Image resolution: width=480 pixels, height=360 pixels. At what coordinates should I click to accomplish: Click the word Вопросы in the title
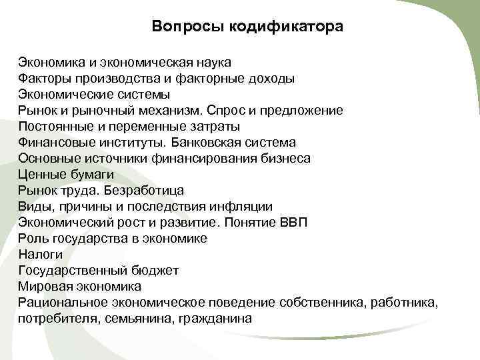coord(188,27)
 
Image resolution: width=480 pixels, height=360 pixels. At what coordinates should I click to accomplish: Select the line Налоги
coord(41,255)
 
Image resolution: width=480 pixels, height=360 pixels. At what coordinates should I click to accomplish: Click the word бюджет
coord(159,271)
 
